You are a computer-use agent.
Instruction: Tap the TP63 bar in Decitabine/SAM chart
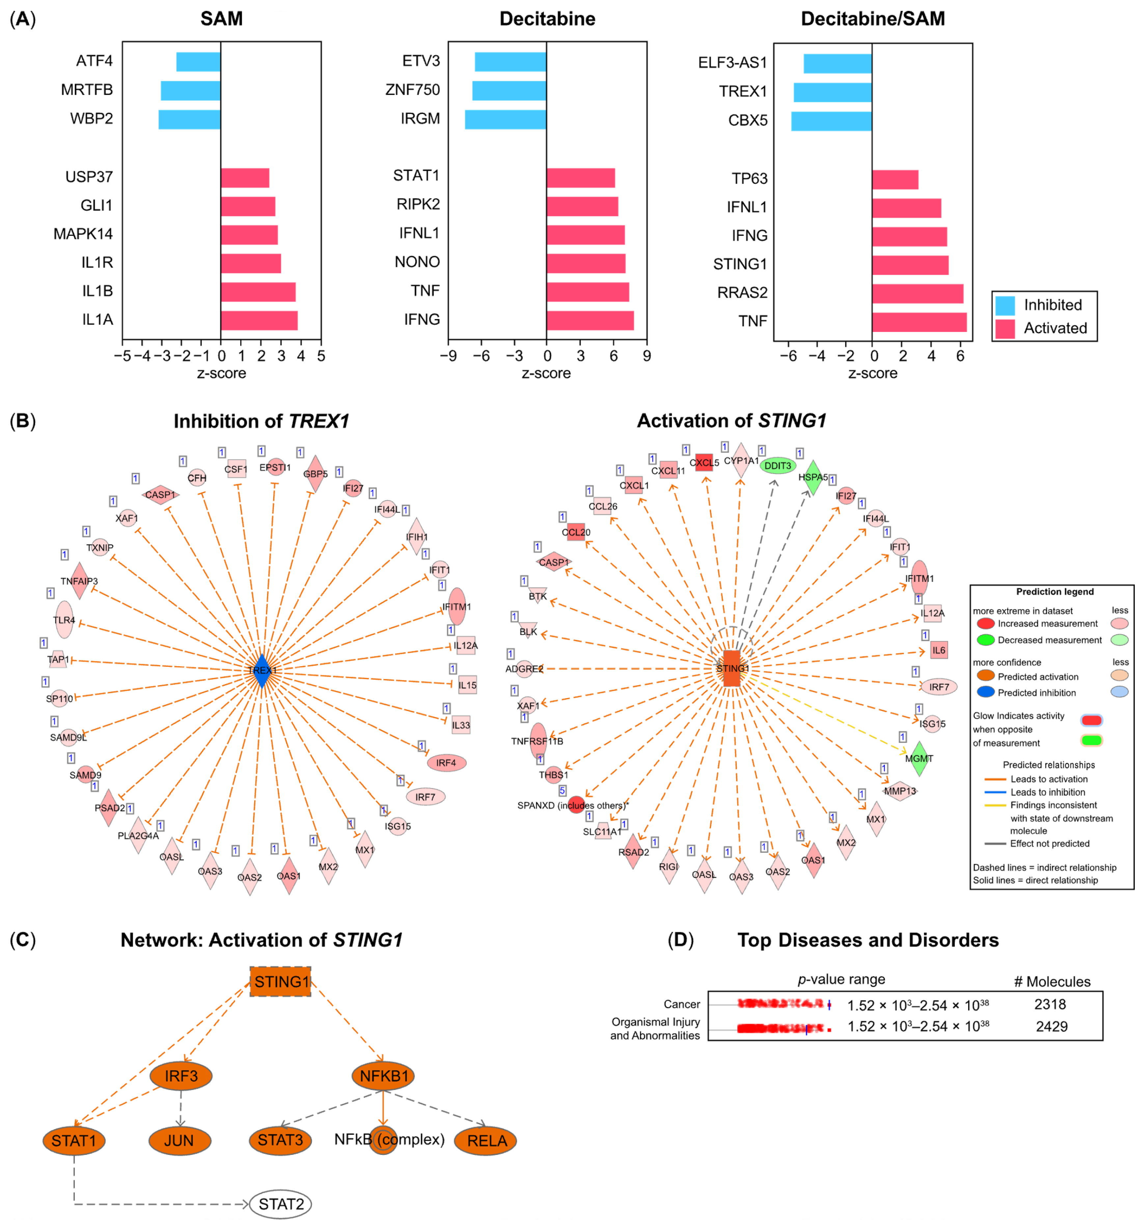[895, 180]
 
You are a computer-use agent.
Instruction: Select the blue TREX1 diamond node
[262, 670]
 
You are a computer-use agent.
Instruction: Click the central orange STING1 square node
[731, 668]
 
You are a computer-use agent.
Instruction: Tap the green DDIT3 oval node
[778, 466]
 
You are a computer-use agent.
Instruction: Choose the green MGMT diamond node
[919, 758]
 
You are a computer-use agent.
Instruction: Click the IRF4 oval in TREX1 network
[446, 763]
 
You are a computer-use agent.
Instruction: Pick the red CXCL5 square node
[704, 462]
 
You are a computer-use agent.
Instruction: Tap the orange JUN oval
[179, 1141]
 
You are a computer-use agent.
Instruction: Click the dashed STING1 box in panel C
[280, 982]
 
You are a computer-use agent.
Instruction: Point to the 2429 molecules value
[1051, 1026]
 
